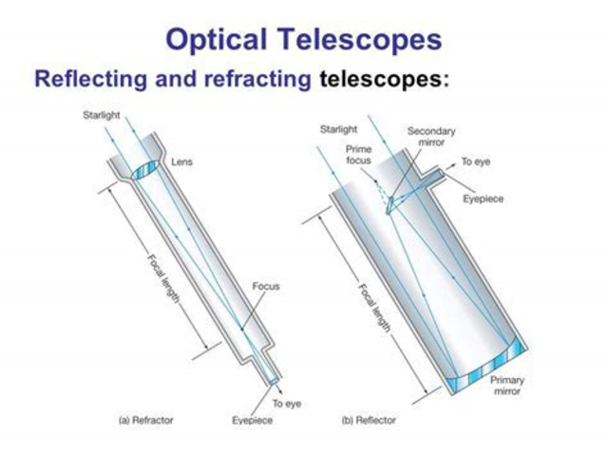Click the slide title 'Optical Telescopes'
(303, 38)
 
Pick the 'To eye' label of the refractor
(286, 404)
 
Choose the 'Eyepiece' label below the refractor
(252, 419)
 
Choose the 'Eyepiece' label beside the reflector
(483, 199)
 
